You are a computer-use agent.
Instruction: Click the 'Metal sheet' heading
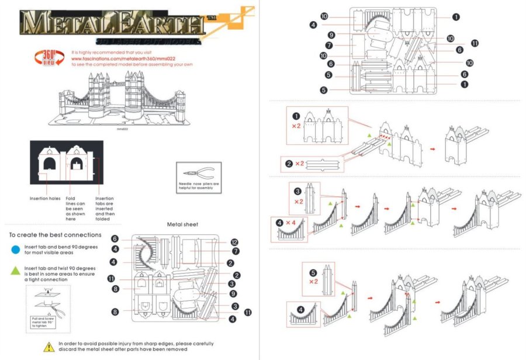(182, 224)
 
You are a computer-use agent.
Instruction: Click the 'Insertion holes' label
(45, 199)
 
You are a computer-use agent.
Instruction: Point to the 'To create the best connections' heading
(55, 235)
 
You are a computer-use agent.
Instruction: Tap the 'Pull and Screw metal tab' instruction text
(42, 322)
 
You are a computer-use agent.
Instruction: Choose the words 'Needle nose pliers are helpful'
(199, 186)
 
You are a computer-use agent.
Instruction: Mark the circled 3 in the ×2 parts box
(298, 191)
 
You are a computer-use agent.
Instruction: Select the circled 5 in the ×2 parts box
(313, 272)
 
